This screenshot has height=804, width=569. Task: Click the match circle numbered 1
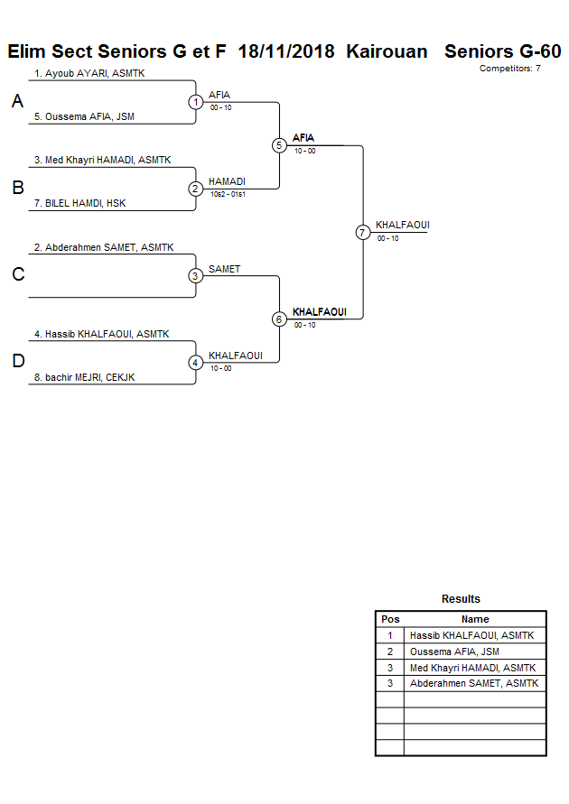[x=196, y=102]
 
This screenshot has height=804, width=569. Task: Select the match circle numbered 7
[x=363, y=232]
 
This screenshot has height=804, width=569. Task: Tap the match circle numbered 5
[x=279, y=145]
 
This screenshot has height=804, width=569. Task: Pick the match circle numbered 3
[x=196, y=276]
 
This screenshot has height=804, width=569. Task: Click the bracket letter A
[x=17, y=102]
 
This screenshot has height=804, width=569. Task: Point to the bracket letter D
[x=17, y=362]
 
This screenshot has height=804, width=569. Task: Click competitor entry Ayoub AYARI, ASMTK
[x=89, y=73]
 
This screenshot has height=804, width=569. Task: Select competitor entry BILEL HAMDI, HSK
[x=79, y=203]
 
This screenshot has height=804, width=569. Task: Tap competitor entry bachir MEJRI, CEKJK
[x=84, y=377]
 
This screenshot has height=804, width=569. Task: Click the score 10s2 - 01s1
[x=228, y=194]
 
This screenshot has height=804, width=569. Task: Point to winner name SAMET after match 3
[x=224, y=269]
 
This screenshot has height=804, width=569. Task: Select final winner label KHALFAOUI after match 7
[x=401, y=225]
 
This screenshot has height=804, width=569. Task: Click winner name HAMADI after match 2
[x=227, y=181]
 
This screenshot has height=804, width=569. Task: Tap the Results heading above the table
[x=461, y=599]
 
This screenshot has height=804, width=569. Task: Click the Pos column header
[x=390, y=619]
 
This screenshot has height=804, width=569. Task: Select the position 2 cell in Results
[x=390, y=652]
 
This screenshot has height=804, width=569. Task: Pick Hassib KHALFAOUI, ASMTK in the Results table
[x=471, y=635]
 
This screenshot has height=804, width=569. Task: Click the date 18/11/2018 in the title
[x=287, y=51]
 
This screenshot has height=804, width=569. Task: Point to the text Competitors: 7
[x=509, y=69]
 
